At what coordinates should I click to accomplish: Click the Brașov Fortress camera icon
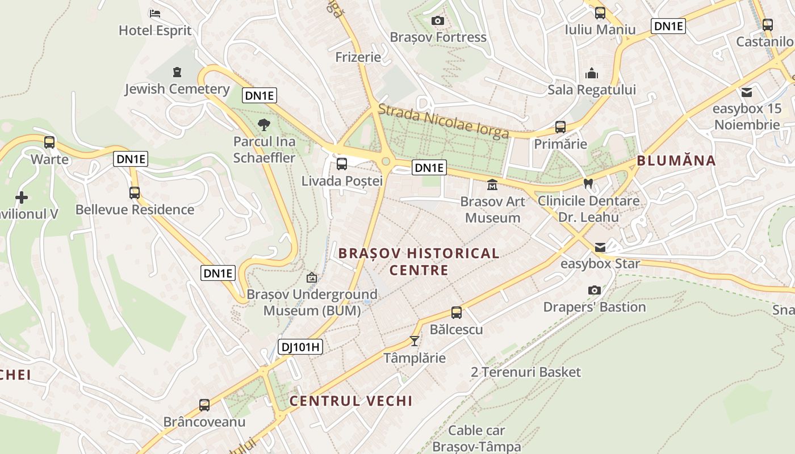click(438, 21)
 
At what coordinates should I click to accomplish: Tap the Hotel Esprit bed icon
click(155, 14)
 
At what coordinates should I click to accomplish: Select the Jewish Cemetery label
click(177, 89)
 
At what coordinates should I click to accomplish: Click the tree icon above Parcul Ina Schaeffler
click(264, 125)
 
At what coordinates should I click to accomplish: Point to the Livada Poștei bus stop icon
click(342, 164)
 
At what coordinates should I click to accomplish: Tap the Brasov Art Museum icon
click(492, 185)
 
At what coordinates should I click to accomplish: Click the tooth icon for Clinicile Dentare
click(588, 184)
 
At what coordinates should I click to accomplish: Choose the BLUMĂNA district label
click(676, 161)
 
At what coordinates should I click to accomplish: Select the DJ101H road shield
click(300, 347)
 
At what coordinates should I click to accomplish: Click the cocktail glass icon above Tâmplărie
click(415, 341)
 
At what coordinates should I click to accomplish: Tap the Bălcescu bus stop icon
click(457, 313)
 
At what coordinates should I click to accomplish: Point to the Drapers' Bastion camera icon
click(595, 291)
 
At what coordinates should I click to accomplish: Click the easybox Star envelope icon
click(600, 247)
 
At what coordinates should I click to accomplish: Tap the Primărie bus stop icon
click(560, 127)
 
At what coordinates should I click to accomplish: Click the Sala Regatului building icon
click(592, 73)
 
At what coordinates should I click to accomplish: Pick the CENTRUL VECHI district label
click(351, 401)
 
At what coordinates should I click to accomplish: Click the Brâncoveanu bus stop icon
click(204, 405)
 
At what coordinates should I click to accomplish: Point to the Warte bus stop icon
click(49, 142)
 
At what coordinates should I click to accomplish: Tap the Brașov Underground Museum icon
click(312, 278)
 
